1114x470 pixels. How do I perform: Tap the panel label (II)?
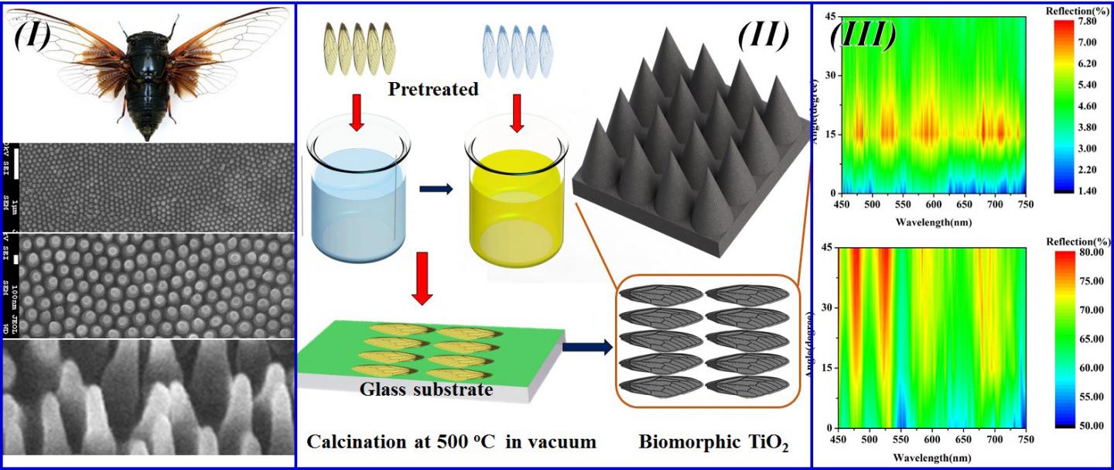763,36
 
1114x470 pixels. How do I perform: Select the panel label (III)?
863,35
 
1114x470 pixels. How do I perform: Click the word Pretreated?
433,89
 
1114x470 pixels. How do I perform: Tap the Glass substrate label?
425,389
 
